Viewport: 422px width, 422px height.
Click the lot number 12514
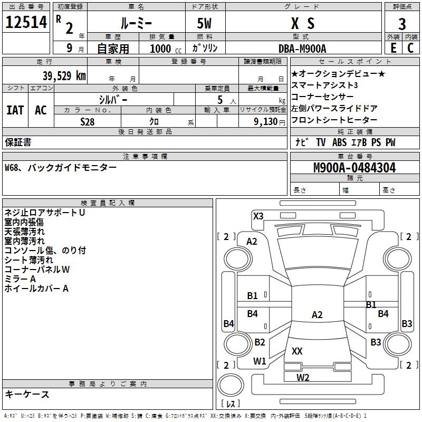26,22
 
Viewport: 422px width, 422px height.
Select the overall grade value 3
402,24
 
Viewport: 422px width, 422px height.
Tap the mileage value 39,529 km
64,76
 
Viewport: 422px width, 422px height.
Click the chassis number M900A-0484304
354,168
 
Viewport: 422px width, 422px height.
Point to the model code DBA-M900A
302,49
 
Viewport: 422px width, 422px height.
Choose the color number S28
88,122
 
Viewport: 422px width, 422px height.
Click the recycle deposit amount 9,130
266,122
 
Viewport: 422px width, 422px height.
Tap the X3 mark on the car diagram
258,216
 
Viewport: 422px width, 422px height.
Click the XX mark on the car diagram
297,351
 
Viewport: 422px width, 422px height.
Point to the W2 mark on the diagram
303,377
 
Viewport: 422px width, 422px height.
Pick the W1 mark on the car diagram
260,361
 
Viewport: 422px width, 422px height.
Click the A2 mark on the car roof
317,314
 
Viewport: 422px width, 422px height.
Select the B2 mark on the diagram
260,342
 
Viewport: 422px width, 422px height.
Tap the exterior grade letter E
393,48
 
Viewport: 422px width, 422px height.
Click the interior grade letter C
410,48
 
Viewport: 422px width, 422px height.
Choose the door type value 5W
204,23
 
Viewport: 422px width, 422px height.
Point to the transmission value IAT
15,110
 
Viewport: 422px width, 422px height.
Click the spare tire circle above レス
231,385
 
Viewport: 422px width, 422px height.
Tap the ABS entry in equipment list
339,142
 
